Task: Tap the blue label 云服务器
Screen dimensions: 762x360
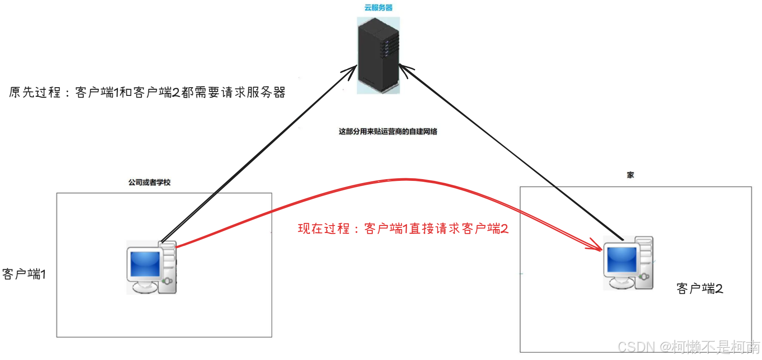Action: point(378,7)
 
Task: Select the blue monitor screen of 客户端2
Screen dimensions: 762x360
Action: point(622,260)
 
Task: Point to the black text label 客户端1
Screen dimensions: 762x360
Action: point(24,274)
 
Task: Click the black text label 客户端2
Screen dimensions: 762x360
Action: point(699,289)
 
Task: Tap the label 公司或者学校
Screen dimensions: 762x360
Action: point(149,182)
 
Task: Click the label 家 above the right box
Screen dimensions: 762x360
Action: point(630,175)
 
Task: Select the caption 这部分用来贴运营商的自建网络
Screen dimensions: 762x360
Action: point(388,131)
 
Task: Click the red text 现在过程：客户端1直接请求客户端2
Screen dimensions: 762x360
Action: point(403,229)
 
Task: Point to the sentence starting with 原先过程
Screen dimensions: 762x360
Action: point(147,92)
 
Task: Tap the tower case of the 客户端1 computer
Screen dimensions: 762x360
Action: point(169,267)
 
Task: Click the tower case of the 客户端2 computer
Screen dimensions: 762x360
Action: point(645,263)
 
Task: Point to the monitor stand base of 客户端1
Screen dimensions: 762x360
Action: point(145,288)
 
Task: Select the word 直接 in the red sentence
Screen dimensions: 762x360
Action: point(421,229)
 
